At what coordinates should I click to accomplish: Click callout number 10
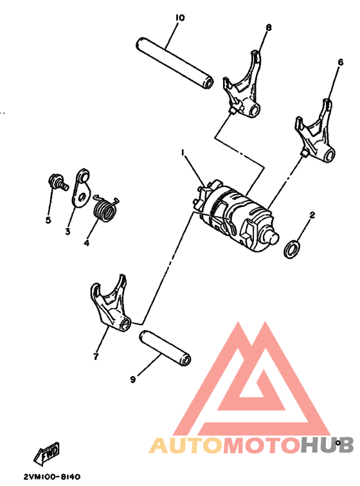click(179, 17)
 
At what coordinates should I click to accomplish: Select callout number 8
click(268, 27)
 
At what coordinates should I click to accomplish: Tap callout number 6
click(340, 62)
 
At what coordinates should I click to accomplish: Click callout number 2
click(312, 215)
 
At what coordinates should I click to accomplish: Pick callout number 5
click(48, 220)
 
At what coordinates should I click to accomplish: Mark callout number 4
click(86, 243)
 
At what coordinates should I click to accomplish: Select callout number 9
click(133, 380)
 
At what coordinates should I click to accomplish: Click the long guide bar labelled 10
click(174, 64)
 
